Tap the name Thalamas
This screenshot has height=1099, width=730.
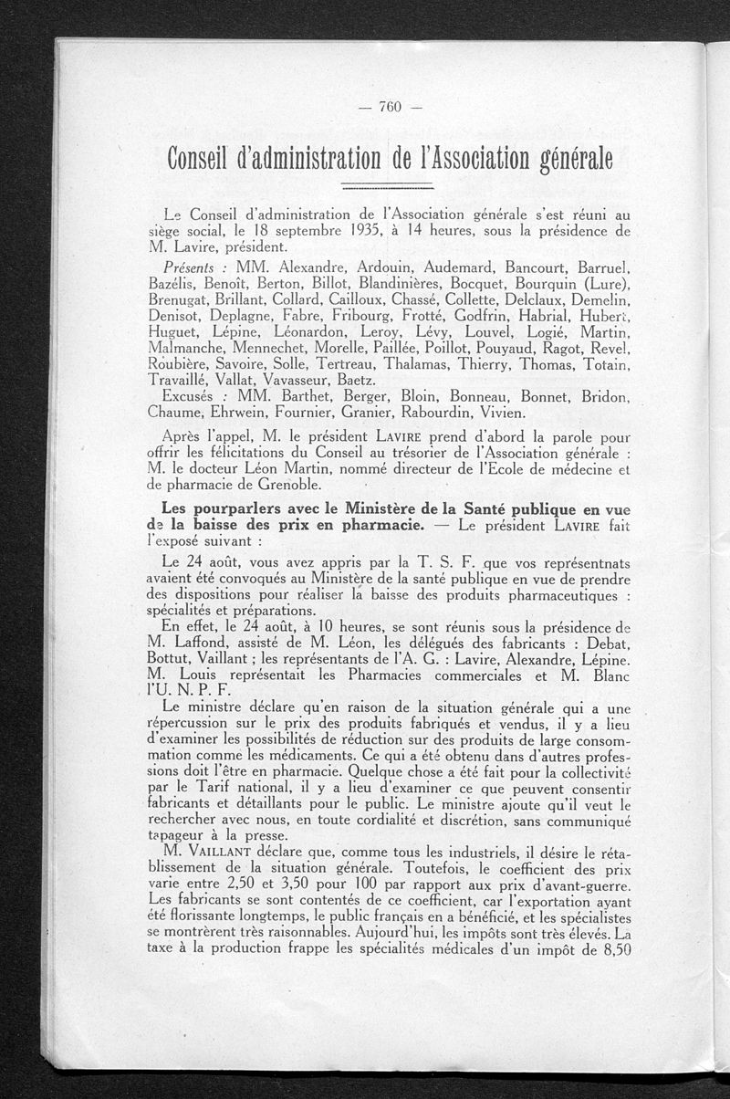432,364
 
